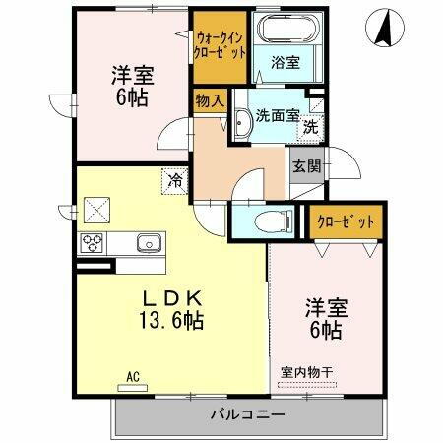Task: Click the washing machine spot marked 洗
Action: click(309, 127)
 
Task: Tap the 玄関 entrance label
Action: click(303, 164)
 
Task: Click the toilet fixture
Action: click(269, 221)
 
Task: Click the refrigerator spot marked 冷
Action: click(175, 181)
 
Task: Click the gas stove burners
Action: click(95, 243)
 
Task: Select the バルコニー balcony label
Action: click(246, 414)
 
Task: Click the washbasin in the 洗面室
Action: click(242, 123)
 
